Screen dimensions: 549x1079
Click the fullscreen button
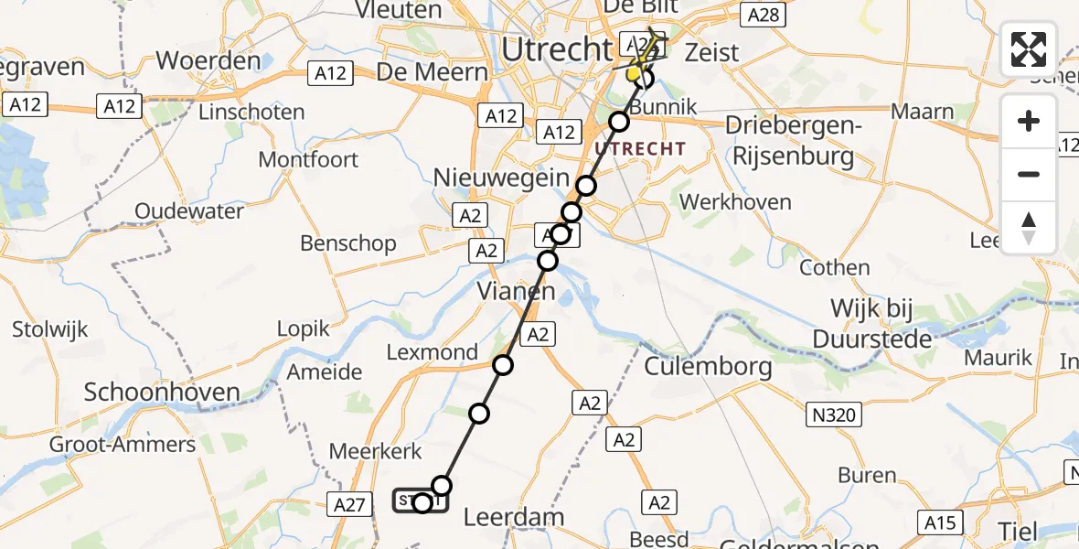(x=1029, y=49)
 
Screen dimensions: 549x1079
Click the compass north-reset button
(x=1029, y=228)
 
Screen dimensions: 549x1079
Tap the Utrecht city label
(x=556, y=48)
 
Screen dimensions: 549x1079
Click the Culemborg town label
(x=709, y=367)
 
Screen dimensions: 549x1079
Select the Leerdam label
(x=514, y=517)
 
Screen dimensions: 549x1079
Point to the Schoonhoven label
(x=162, y=393)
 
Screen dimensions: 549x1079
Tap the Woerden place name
(x=208, y=61)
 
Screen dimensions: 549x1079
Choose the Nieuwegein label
(x=503, y=177)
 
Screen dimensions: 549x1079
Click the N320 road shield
(x=834, y=416)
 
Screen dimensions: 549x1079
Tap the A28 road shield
(x=763, y=14)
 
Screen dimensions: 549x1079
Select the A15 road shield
(x=941, y=522)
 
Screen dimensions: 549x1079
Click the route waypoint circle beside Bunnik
(x=620, y=122)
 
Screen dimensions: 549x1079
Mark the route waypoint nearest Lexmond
(x=503, y=366)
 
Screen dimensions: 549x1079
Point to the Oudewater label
(x=189, y=211)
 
